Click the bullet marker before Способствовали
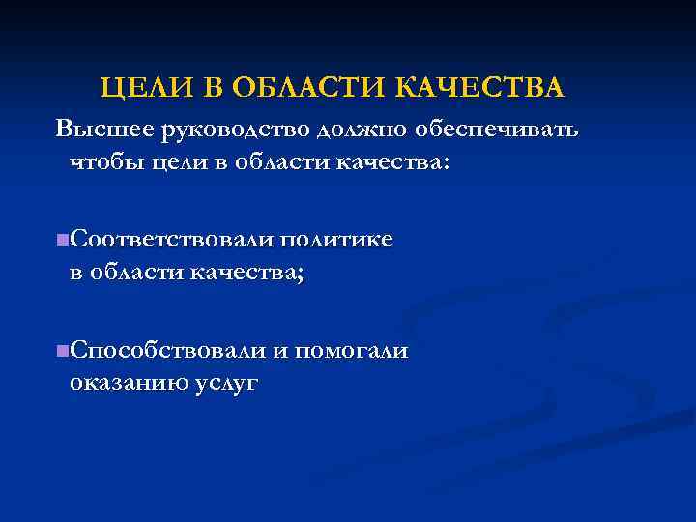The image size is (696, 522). pos(62,349)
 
